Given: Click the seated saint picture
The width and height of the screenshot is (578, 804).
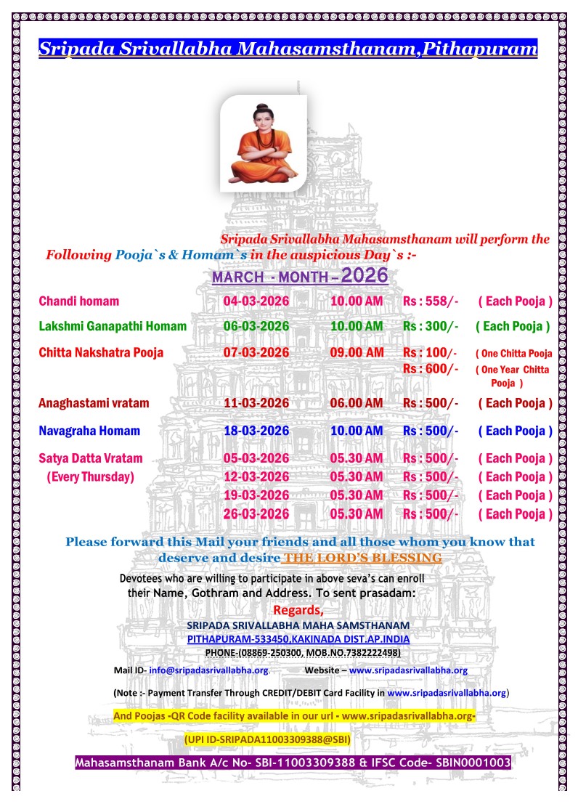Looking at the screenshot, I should click(263, 143).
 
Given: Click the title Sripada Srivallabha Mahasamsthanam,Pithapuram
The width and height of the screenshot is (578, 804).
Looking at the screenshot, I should click(288, 49).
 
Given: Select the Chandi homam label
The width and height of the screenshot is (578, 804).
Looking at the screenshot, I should click(78, 301).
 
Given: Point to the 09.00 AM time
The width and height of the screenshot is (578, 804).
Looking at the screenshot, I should click(357, 353).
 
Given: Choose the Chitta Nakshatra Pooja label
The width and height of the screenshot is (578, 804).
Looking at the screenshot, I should click(101, 353).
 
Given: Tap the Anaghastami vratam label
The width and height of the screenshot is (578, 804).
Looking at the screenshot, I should click(94, 403).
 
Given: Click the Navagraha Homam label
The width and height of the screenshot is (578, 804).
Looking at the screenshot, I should click(89, 431).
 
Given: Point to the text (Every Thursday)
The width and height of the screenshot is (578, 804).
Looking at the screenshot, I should click(91, 477).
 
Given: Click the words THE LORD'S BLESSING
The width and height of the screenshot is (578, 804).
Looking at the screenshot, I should click(362, 558).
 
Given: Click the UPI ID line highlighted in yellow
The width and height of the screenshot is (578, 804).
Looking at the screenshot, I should click(267, 739).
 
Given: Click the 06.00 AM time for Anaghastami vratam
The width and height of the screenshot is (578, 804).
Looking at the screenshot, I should click(357, 403).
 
